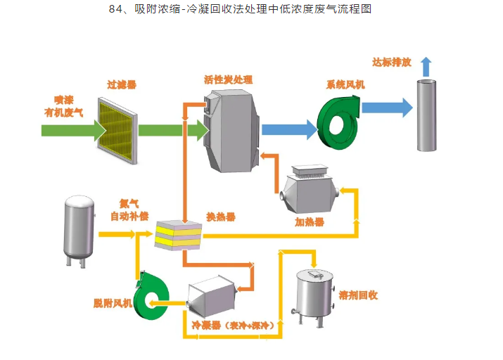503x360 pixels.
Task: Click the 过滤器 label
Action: coord(122,84)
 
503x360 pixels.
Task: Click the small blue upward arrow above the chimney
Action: coord(426,66)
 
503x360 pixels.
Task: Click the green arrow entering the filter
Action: coord(68,130)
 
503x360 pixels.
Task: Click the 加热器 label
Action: coord(310,222)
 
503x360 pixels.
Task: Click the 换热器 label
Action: coord(220,217)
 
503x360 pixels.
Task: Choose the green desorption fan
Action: coord(151,295)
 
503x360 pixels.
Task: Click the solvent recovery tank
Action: coord(314,296)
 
